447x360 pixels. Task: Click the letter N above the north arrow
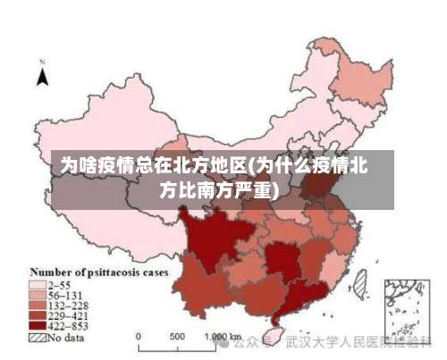[x=42, y=63]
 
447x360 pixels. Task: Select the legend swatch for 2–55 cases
[x=37, y=284]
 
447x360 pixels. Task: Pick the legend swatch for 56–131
[x=37, y=295]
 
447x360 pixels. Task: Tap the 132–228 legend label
[x=68, y=306]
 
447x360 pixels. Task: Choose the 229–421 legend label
[x=68, y=316]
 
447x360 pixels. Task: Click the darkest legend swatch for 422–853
[x=37, y=327]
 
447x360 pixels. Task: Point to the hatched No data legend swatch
[x=37, y=339]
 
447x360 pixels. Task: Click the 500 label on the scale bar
[x=177, y=337]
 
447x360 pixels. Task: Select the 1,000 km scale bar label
[x=218, y=338]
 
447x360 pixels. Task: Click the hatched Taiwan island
[x=359, y=285]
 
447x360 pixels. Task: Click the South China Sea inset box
[x=404, y=309]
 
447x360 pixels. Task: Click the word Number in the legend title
[x=52, y=272]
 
